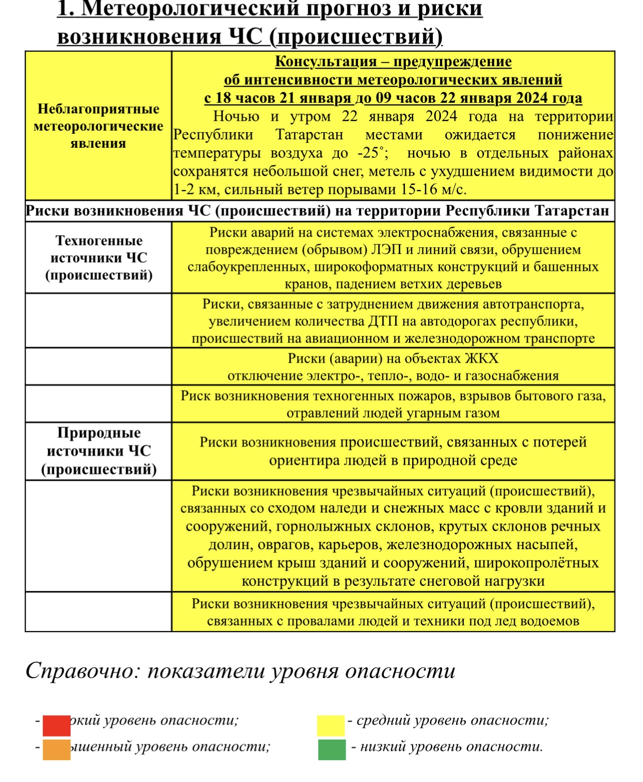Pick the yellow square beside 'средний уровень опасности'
point(331,725)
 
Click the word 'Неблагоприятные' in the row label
point(99,109)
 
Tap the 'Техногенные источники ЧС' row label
point(99,258)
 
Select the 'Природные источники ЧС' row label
point(99,451)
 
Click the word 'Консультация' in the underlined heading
point(325,61)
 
